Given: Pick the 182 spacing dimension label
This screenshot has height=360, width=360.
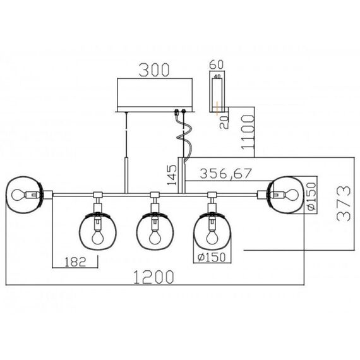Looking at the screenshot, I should pyautogui.click(x=73, y=260).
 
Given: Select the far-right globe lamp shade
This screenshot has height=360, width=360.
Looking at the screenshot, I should pyautogui.click(x=285, y=194).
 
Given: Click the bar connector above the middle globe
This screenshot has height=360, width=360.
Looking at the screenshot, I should pyautogui.click(x=153, y=195).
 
